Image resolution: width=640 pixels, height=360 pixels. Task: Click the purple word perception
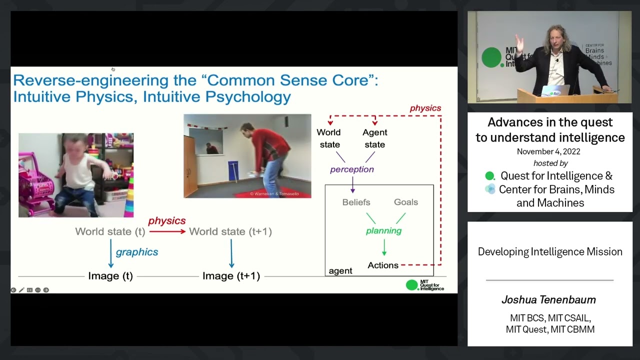pyautogui.click(x=352, y=169)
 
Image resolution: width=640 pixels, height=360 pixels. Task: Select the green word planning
pyautogui.click(x=383, y=230)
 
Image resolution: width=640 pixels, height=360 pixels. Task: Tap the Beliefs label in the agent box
pyautogui.click(x=356, y=202)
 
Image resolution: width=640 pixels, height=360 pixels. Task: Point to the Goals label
pyautogui.click(x=405, y=202)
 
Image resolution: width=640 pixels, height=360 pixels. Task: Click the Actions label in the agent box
pyautogui.click(x=383, y=265)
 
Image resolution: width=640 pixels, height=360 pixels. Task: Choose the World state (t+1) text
pyautogui.click(x=230, y=231)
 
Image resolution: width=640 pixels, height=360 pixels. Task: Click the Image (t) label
pyautogui.click(x=110, y=275)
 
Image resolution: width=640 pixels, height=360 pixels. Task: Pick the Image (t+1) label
pyautogui.click(x=231, y=275)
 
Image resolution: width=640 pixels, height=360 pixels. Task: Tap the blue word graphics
pyautogui.click(x=137, y=252)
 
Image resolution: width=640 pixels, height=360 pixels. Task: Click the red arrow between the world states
pyautogui.click(x=167, y=231)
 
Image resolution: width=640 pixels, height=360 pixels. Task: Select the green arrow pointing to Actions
pyautogui.click(x=384, y=247)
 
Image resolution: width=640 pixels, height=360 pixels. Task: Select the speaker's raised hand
pyautogui.click(x=519, y=45)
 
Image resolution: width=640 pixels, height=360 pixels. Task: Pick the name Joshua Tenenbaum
pyautogui.click(x=548, y=300)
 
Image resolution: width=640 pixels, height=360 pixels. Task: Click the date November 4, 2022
pyautogui.click(x=548, y=151)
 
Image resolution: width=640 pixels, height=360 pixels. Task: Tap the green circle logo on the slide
pyautogui.click(x=412, y=285)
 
